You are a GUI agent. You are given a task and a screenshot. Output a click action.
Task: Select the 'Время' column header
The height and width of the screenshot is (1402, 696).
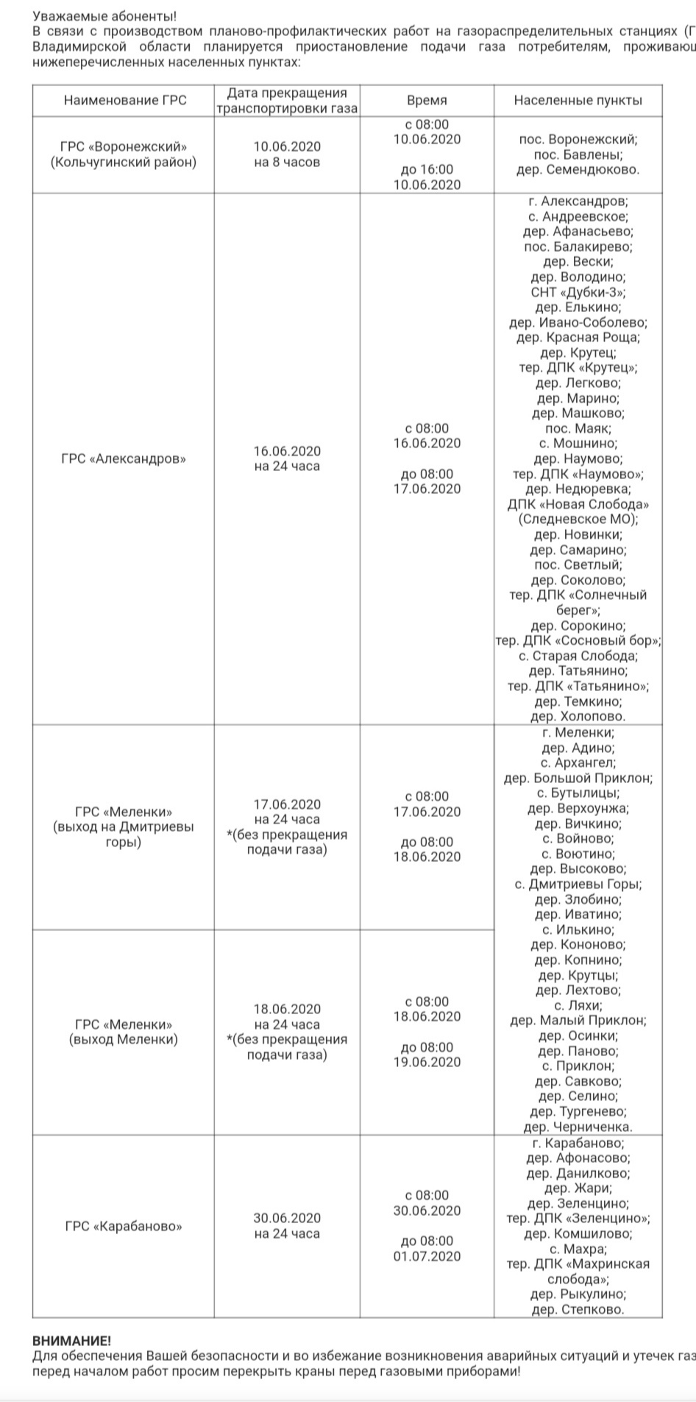coord(427,101)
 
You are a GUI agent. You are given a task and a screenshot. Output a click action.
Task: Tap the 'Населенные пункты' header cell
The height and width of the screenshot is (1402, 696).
coord(578,101)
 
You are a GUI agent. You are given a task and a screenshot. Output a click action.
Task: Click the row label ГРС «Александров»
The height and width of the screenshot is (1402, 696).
coord(124,459)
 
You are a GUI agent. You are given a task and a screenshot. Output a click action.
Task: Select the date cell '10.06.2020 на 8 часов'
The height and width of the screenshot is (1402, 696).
coord(287,155)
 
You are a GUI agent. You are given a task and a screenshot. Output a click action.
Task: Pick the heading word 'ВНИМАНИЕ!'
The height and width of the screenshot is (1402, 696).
coord(72,1341)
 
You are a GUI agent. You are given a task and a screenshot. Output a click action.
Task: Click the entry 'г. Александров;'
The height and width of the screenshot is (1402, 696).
coord(578,202)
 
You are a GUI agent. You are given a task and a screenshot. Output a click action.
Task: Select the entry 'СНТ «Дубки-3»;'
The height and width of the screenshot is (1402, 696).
coord(578,292)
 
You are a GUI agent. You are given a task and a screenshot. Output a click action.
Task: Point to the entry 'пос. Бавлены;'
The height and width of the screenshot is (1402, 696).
coord(578,155)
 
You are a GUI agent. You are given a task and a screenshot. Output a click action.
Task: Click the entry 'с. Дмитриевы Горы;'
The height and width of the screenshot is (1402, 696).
coord(578,884)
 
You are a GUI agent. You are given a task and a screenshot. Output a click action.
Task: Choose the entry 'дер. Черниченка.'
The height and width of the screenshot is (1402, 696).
coord(578,1127)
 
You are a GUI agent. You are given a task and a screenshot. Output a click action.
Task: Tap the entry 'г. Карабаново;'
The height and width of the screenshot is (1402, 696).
coord(578,1143)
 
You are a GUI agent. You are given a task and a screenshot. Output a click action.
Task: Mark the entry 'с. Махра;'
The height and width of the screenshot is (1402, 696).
coord(578,1249)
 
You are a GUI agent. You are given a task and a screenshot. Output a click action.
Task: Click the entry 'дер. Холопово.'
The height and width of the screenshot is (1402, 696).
coord(578,716)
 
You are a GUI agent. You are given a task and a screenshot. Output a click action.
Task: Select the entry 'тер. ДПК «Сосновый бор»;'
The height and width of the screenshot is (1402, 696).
coord(578,640)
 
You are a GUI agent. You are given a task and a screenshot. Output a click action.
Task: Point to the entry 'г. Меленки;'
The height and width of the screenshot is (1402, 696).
coord(578,733)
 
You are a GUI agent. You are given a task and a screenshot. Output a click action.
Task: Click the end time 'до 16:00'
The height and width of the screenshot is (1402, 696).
coord(427,169)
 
